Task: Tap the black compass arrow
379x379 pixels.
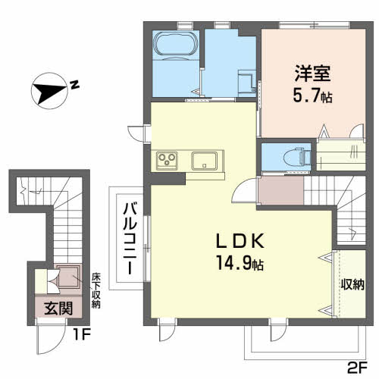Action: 49,93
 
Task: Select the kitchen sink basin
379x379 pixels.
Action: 206,161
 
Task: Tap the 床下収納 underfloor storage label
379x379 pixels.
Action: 96,290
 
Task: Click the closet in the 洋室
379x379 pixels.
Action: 338,155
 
